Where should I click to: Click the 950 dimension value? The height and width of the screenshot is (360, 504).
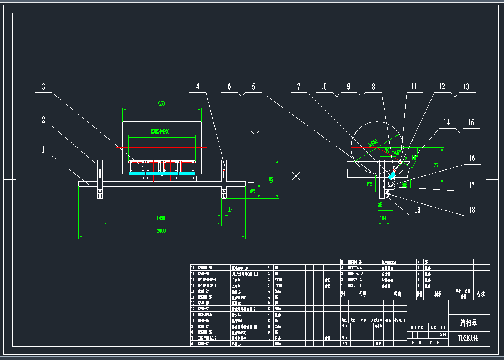(x=161, y=104)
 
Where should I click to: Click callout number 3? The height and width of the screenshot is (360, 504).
(x=43, y=87)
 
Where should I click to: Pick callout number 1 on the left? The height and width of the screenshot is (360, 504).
(x=43, y=150)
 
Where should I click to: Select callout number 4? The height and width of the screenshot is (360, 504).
(x=197, y=87)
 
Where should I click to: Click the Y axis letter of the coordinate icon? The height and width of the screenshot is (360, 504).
(x=255, y=135)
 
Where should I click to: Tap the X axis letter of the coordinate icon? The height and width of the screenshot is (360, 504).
(x=296, y=176)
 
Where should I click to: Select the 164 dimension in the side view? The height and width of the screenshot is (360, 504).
(x=382, y=219)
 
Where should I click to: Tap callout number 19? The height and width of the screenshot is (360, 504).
(x=417, y=210)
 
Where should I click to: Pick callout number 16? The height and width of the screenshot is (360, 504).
(x=472, y=159)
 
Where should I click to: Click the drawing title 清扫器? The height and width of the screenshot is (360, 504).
(x=469, y=322)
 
